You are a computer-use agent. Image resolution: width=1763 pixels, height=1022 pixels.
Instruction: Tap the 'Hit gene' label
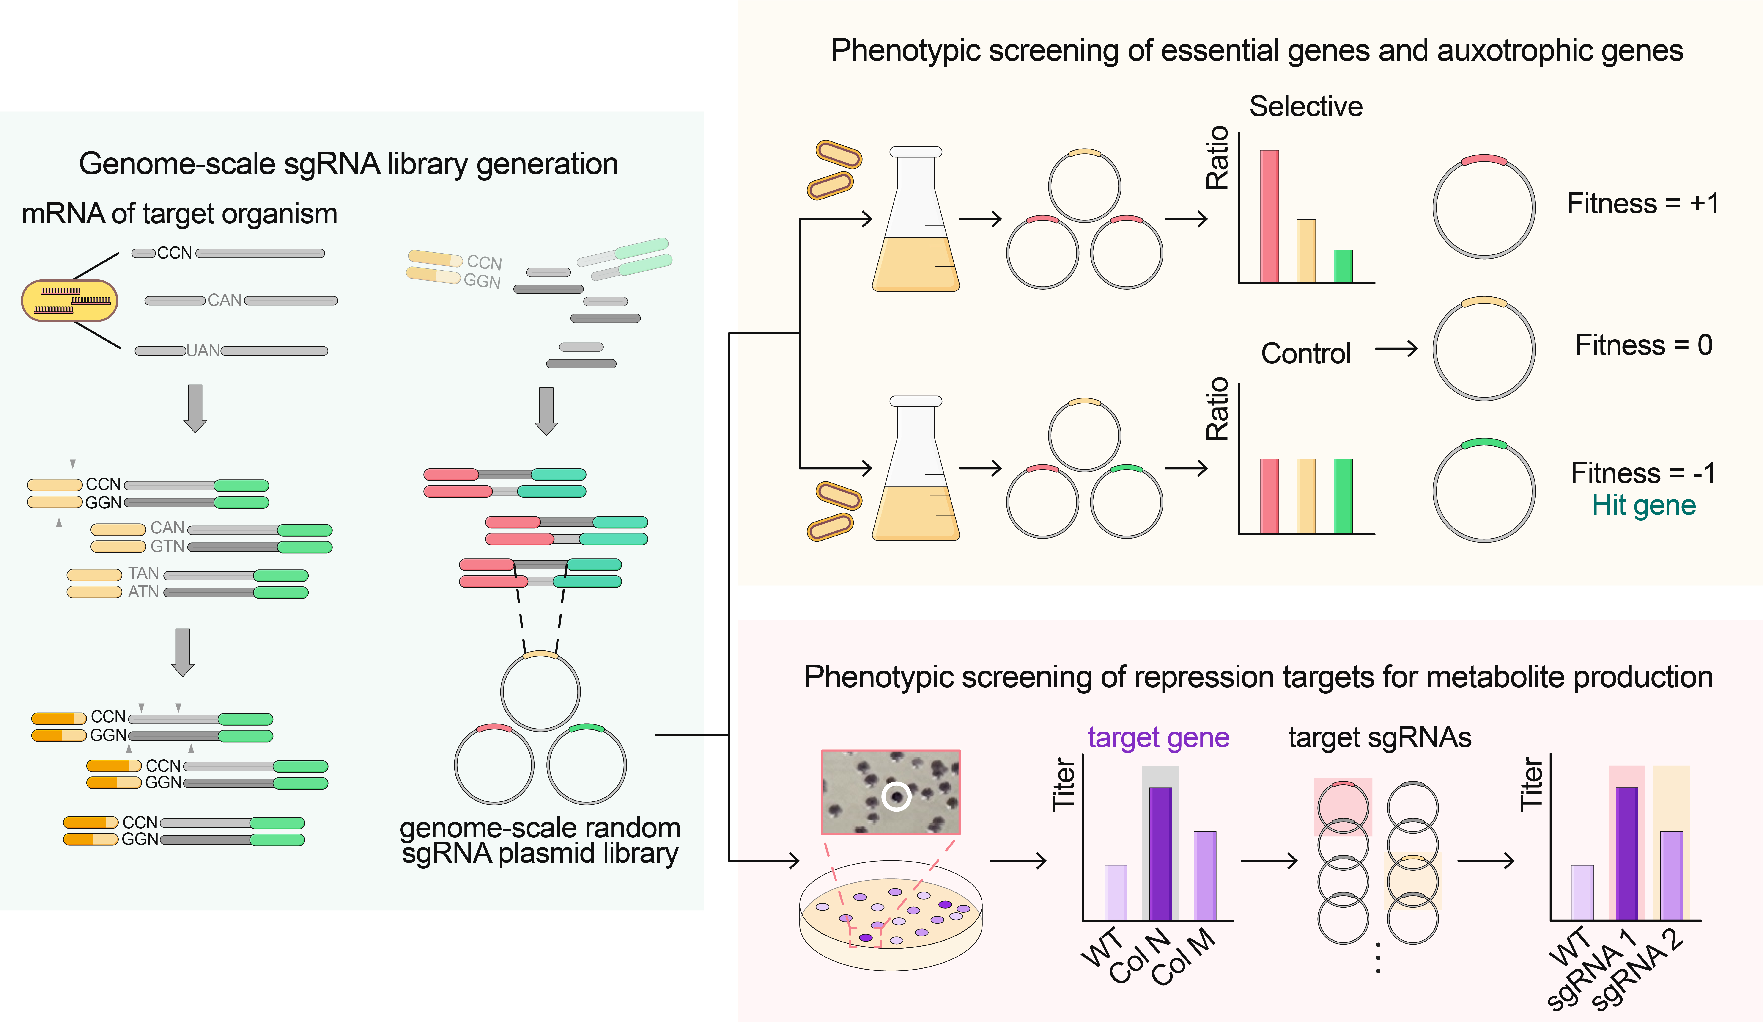pyautogui.click(x=1643, y=505)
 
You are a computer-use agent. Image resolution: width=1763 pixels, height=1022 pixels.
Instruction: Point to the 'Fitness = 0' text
pyautogui.click(x=1643, y=345)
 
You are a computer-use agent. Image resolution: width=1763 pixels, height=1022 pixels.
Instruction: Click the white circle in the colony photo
pyautogui.click(x=896, y=796)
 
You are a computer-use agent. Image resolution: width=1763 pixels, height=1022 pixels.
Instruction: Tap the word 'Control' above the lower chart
pyautogui.click(x=1305, y=354)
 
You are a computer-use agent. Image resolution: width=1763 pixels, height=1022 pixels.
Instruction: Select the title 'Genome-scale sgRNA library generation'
pyautogui.click(x=348, y=164)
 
